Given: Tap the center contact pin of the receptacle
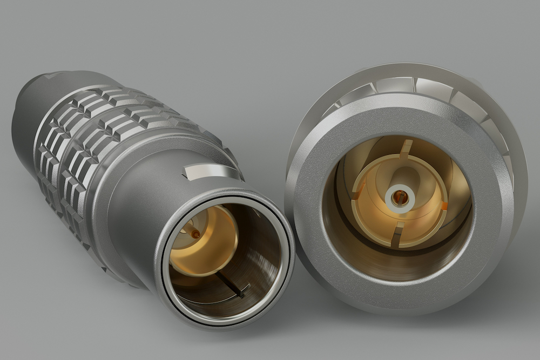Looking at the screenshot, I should click(x=400, y=198).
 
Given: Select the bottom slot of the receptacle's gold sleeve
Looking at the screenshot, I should click(x=397, y=236).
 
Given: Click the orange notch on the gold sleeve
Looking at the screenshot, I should click(x=444, y=206).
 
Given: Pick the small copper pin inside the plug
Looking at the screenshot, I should click(x=195, y=234).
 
